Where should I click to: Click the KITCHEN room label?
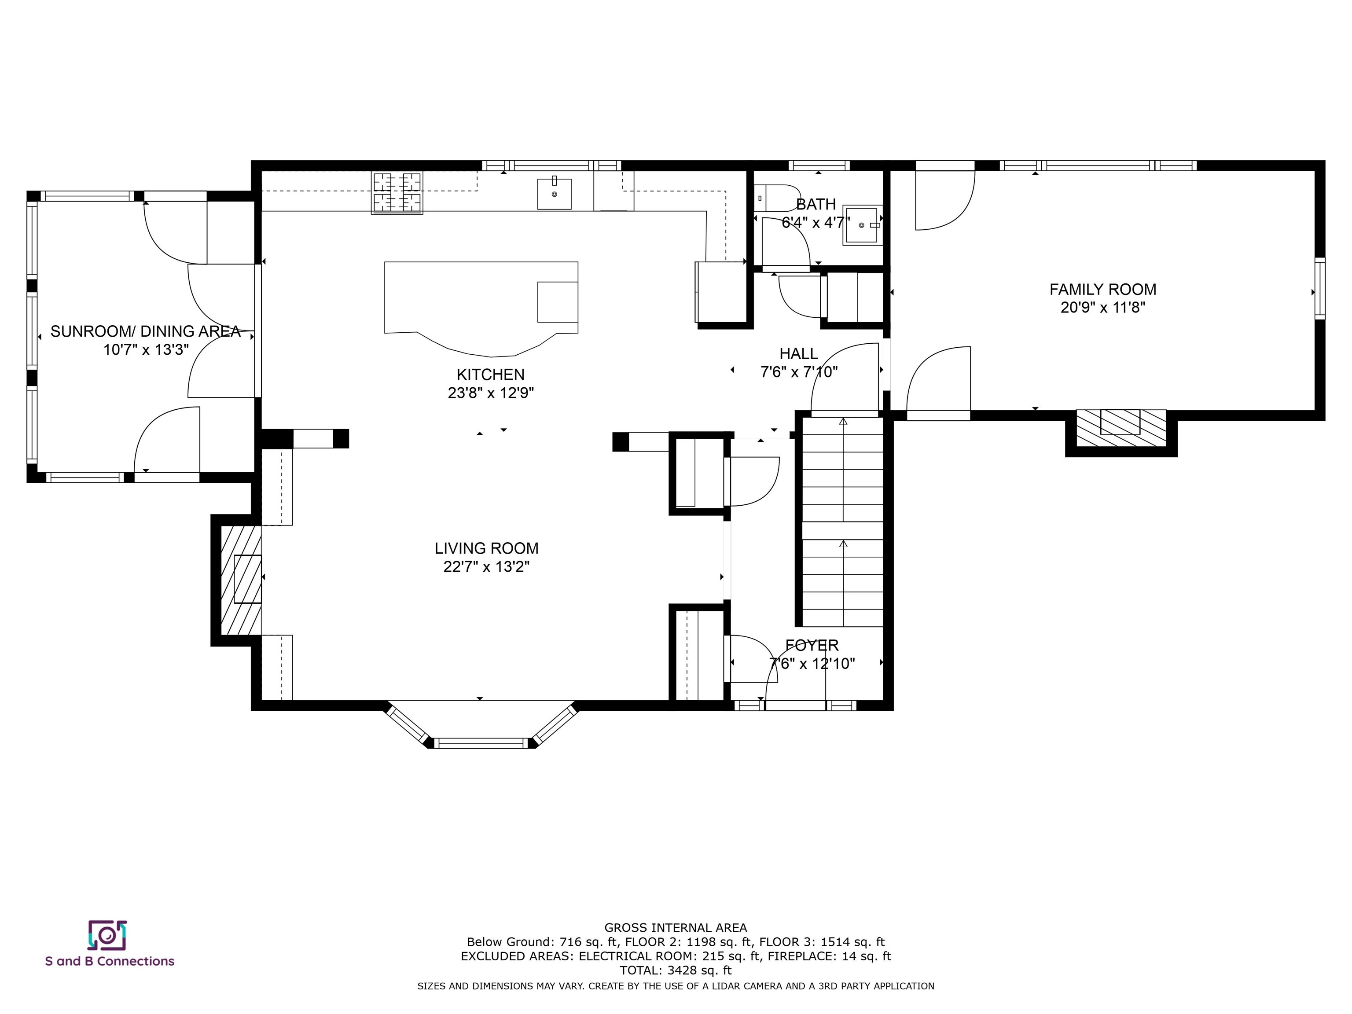point(490,374)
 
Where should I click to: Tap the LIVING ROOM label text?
point(486,548)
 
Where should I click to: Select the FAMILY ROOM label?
point(1102,289)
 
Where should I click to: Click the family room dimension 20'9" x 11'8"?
point(1102,307)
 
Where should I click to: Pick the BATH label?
point(816,204)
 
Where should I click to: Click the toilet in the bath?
point(777,198)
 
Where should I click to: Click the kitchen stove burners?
point(397,193)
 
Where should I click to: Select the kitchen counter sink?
point(555,193)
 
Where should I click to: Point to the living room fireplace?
point(241,580)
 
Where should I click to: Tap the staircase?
point(843,522)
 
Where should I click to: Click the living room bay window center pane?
point(481,743)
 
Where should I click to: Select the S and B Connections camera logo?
point(107,935)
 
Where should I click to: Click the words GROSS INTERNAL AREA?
point(676,928)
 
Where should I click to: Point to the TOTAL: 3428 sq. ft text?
point(676,970)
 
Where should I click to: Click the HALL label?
point(798,353)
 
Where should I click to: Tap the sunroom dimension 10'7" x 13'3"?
point(146,349)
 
